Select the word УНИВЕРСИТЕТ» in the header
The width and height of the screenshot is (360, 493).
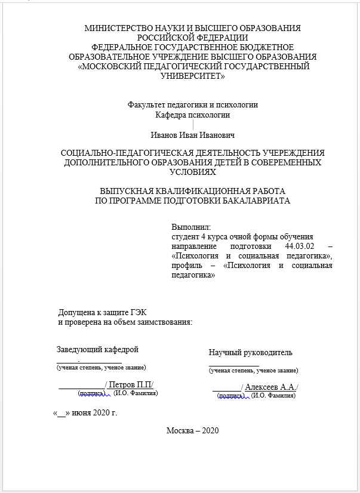pyautogui.click(x=193, y=76)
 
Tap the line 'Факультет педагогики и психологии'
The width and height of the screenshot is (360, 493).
pyautogui.click(x=193, y=104)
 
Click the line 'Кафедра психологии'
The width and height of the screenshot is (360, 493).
pyautogui.click(x=193, y=115)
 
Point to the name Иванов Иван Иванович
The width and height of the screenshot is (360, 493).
pyautogui.click(x=193, y=136)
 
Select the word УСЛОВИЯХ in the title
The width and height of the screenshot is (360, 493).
pyautogui.click(x=193, y=171)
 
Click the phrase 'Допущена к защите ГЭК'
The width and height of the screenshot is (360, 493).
pyautogui.click(x=102, y=312)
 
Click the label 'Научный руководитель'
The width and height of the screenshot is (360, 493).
pyautogui.click(x=251, y=352)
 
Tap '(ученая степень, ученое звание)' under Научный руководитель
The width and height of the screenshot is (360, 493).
pyautogui.click(x=253, y=371)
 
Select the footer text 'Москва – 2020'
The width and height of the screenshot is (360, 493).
pyautogui.click(x=193, y=430)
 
